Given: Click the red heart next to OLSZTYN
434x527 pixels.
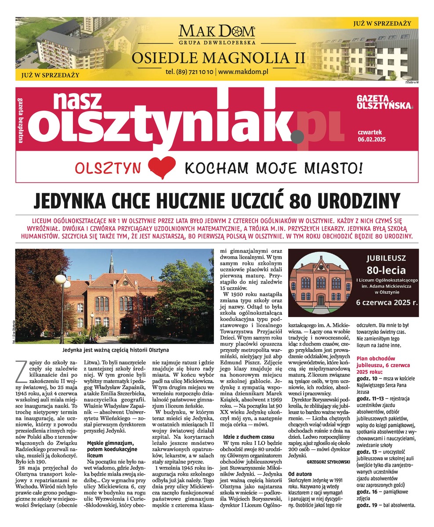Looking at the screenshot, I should pos(162,167).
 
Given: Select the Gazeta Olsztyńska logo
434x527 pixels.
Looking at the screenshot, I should pos(384,102).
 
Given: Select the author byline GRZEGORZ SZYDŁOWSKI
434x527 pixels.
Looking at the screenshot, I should pos(325,462).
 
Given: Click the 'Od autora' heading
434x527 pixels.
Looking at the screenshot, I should pos(300,474).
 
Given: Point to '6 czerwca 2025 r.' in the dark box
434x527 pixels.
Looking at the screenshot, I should pos(387,302).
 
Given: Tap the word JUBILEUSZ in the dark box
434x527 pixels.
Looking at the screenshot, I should pos(387,258).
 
